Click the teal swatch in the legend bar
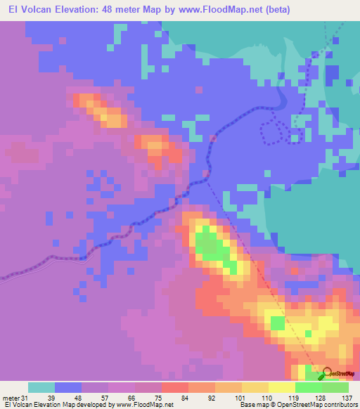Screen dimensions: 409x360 [41, 387]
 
